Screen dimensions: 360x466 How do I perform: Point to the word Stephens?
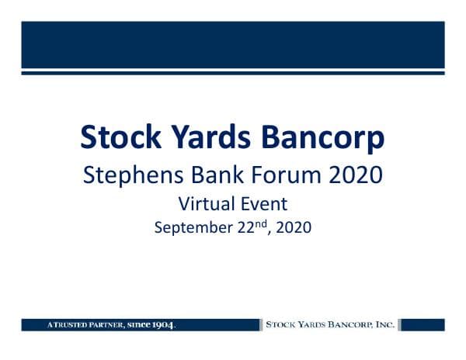click(132, 175)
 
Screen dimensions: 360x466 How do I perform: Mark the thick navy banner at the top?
click(233, 45)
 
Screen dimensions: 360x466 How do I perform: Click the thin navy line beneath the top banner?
click(233, 73)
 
